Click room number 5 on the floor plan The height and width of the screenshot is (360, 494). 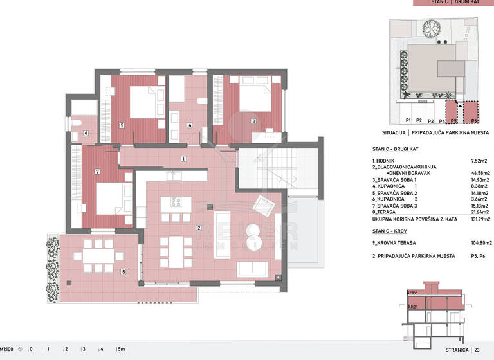[122, 126]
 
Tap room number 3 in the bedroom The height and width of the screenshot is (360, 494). [253, 120]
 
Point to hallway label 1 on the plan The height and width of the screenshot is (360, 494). [183, 158]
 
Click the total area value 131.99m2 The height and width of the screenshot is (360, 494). [478, 219]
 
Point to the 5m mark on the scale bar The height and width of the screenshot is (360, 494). [121, 349]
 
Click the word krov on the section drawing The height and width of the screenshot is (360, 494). [413, 291]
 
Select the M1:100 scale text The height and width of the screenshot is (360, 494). [8, 349]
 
